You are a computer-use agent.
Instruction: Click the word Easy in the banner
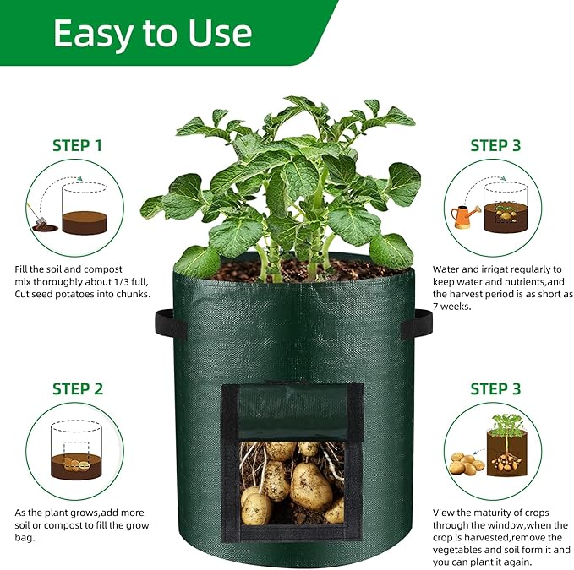click(90, 33)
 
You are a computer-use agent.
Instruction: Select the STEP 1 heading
click(77, 145)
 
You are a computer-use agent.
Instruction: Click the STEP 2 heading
click(77, 388)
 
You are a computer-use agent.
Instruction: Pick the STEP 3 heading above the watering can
click(495, 145)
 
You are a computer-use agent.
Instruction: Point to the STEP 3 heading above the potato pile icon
click(495, 388)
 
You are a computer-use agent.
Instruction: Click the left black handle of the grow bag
click(164, 325)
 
